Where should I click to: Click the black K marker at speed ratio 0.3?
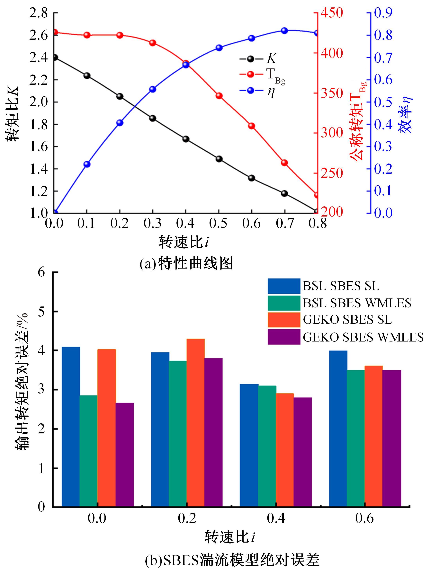[153, 118]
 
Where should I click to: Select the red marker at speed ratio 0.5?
[219, 96]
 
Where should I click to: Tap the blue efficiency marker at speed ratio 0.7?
[284, 31]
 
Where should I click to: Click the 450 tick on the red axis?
[332, 13]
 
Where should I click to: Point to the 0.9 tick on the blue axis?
[383, 13]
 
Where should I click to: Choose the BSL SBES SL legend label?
[341, 286]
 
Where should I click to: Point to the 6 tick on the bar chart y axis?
[42, 272]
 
